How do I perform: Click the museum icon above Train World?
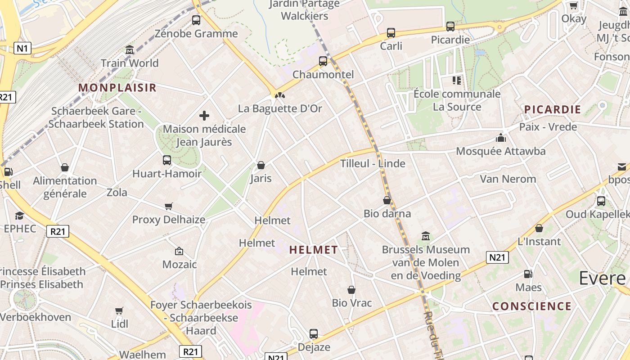point(130,49)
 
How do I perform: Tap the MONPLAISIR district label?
point(117,88)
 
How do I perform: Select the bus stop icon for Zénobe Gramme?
point(196,20)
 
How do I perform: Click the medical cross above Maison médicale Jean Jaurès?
point(204,116)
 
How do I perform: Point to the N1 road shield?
point(22,49)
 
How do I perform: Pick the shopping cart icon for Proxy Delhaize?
point(169,207)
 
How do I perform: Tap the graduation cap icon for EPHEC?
point(19,216)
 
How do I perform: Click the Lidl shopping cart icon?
point(119,311)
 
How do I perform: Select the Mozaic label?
point(180,264)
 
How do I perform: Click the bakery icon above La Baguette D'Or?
point(280,95)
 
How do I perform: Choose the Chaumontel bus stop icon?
point(323,61)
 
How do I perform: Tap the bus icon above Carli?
point(391,33)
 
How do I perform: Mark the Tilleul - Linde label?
point(373,163)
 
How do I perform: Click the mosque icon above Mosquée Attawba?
point(500,138)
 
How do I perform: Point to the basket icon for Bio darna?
point(387,200)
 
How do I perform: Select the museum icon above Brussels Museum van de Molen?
point(426,236)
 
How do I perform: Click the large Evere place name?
point(602,278)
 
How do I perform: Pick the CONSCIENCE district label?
point(532,306)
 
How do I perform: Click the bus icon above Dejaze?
point(314,334)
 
